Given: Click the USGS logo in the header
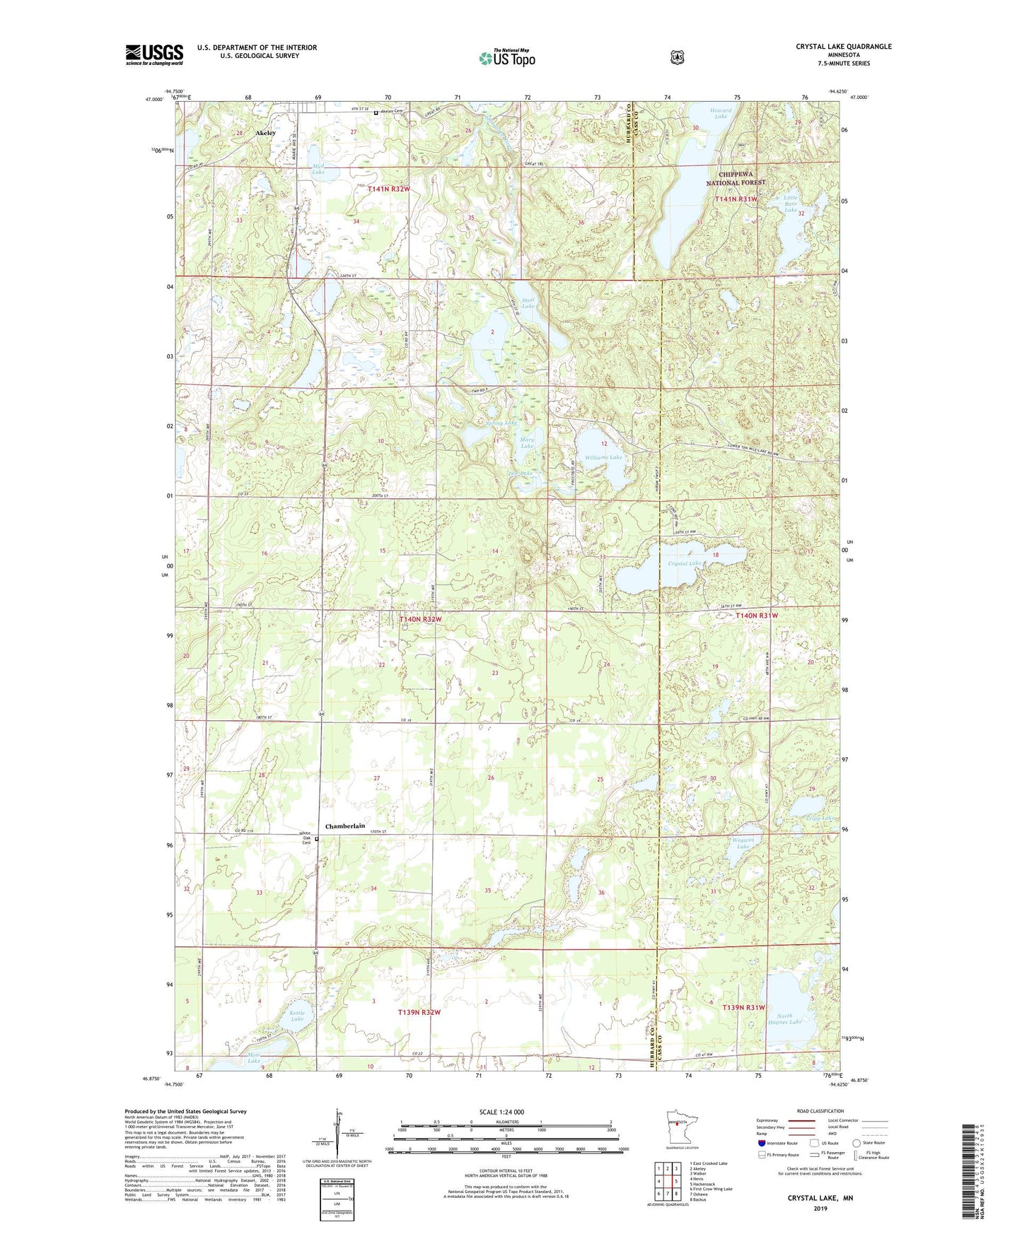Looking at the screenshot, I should tap(154, 54).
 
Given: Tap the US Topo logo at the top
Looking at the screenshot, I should tap(506, 58).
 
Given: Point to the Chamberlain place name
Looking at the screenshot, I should tap(345, 826).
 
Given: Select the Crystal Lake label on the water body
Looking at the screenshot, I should tap(684, 563).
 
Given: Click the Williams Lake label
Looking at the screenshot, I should tap(603, 457).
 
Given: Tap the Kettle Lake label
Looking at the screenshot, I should tap(297, 1016).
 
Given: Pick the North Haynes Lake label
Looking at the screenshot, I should tap(785, 1018).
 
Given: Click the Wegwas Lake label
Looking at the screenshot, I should tap(743, 842).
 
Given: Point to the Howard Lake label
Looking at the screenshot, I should tap(721, 113).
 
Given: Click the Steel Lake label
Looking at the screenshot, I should tap(528, 302).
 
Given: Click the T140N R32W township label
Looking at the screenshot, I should tap(421, 619).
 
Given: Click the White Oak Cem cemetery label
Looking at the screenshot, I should tap(306, 838).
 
